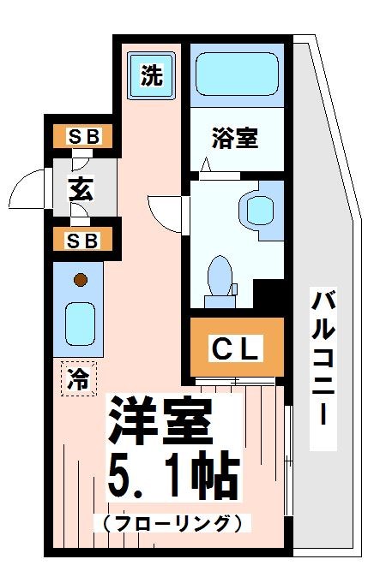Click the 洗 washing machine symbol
click(x=151, y=76)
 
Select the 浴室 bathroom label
click(x=234, y=139)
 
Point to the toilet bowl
click(x=220, y=276)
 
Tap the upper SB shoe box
click(x=84, y=136)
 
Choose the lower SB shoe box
click(x=84, y=240)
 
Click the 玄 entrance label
click(x=81, y=190)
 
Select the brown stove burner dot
click(x=80, y=279)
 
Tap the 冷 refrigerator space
click(x=78, y=378)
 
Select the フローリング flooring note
click(x=172, y=522)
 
